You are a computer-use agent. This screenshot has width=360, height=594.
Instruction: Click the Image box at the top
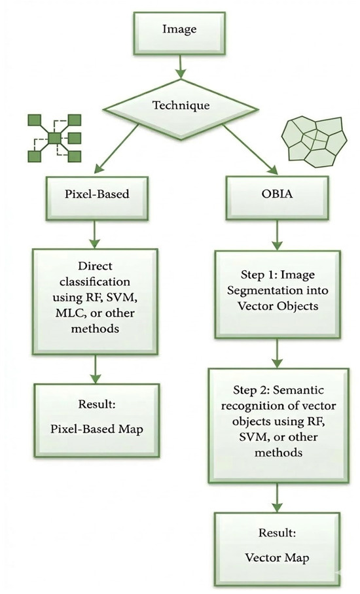click(x=179, y=33)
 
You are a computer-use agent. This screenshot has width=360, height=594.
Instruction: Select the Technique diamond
click(x=181, y=109)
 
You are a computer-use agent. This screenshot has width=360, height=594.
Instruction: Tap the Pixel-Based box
click(x=97, y=198)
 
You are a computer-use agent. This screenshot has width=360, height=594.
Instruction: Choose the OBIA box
click(x=277, y=198)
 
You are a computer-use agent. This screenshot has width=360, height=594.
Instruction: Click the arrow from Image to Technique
click(x=181, y=67)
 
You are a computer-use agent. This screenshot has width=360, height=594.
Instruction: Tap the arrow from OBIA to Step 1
click(x=277, y=235)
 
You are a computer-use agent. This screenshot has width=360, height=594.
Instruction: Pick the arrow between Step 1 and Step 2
click(x=277, y=353)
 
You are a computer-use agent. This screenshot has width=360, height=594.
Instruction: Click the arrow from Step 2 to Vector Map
click(x=277, y=497)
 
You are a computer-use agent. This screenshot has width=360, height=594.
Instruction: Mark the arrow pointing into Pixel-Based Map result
click(x=95, y=369)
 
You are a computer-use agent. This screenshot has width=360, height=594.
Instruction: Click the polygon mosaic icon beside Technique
click(x=314, y=142)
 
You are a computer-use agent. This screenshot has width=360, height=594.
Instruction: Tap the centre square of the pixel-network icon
click(x=54, y=138)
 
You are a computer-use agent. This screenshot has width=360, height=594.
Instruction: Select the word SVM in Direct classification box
click(x=120, y=298)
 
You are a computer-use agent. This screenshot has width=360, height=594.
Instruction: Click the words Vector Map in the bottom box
click(x=277, y=557)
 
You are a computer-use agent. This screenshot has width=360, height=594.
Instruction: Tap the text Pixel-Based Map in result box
click(x=97, y=429)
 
